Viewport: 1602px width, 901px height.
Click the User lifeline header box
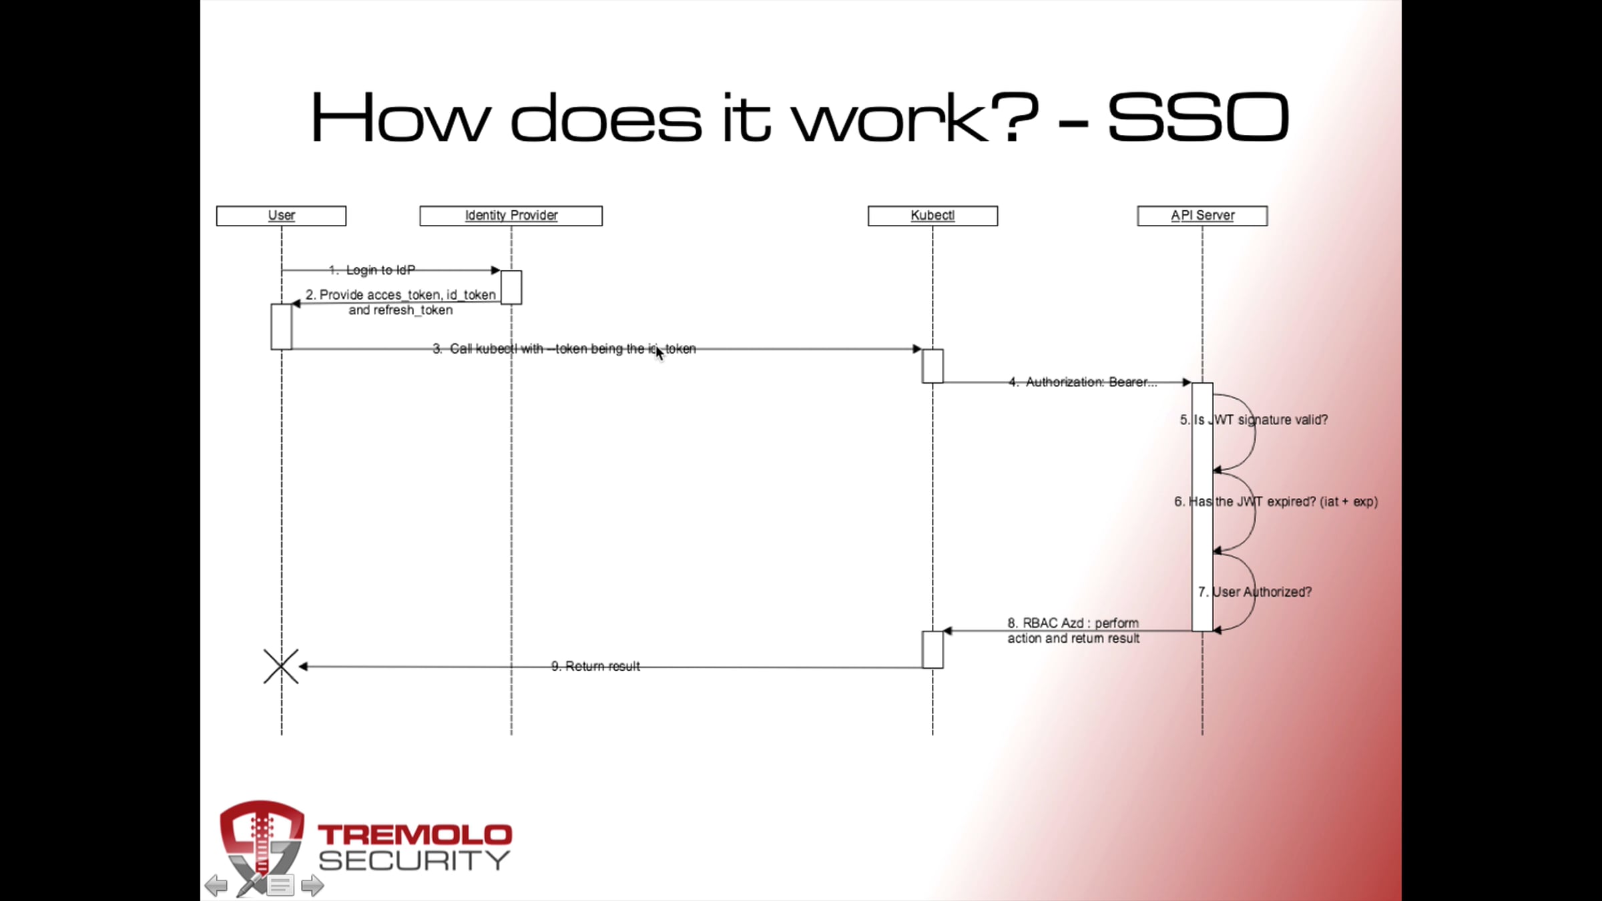(x=281, y=216)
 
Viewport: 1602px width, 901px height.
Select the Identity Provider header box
(x=511, y=216)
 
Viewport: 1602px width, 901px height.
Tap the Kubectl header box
(x=932, y=216)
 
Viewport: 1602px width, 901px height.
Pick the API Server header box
(x=1202, y=216)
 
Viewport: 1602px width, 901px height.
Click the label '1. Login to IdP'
(x=372, y=270)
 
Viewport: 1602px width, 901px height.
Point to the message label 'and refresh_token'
(x=400, y=310)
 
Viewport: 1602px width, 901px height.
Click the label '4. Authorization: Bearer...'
(x=1083, y=382)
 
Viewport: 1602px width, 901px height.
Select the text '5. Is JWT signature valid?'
(x=1254, y=420)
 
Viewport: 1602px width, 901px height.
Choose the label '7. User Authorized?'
(x=1255, y=592)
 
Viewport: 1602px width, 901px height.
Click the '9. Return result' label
(x=595, y=666)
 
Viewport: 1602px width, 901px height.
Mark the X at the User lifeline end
(x=281, y=666)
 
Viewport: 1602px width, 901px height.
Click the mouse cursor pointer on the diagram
(x=659, y=353)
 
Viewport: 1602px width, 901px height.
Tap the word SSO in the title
(x=1198, y=117)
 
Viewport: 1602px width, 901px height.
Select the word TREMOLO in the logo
(x=415, y=835)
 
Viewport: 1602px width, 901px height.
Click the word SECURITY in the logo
(x=415, y=861)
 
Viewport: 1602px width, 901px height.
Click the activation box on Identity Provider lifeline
(x=511, y=287)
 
